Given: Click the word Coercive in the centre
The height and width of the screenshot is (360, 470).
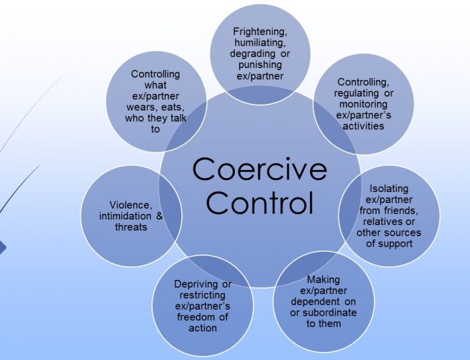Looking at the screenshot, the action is point(259,169).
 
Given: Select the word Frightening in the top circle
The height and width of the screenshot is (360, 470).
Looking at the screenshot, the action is point(260,32).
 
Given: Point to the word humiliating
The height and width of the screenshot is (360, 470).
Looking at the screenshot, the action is point(260,43).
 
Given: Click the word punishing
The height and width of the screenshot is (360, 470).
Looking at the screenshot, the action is point(260,65).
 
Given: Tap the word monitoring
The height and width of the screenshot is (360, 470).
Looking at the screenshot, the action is point(363,105).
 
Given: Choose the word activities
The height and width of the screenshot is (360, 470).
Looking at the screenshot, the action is point(363,126).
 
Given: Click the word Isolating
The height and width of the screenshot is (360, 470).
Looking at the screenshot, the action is point(389,189).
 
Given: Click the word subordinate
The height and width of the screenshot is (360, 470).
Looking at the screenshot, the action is point(330,312).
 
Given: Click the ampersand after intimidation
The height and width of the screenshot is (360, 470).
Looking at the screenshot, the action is point(160,216).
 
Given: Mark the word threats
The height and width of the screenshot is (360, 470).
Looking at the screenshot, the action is point(131,227).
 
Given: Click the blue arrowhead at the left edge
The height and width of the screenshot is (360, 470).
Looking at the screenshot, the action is point(2,248).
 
